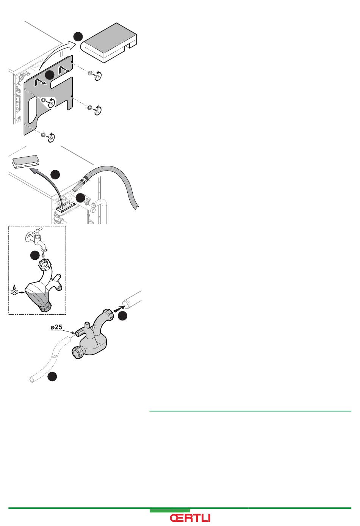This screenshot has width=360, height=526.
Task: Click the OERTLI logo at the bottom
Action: (x=190, y=518)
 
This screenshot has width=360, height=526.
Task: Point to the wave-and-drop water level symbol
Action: (x=14, y=290)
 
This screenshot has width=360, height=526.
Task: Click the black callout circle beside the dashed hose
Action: (x=53, y=377)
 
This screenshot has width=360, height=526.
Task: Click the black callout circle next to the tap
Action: (x=35, y=256)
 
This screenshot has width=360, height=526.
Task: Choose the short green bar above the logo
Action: (x=170, y=511)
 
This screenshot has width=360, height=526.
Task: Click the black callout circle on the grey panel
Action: (x=50, y=75)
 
